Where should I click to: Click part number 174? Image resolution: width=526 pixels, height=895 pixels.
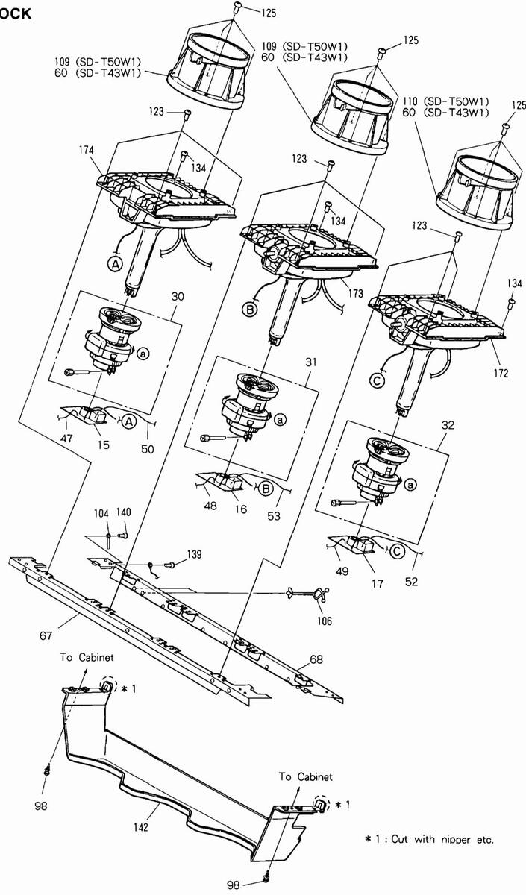tap(87, 150)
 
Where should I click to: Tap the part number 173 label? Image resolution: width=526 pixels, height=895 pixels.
tap(355, 294)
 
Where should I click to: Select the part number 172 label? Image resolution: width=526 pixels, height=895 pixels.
tap(501, 373)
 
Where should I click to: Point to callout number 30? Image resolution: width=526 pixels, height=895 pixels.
tap(178, 297)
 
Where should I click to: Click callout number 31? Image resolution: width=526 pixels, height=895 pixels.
tap(310, 362)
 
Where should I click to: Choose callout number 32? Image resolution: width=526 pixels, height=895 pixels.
tap(448, 424)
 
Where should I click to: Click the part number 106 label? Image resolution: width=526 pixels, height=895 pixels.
tap(325, 621)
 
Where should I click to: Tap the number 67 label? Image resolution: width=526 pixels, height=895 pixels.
tap(46, 635)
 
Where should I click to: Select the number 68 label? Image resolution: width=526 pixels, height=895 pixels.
tap(316, 659)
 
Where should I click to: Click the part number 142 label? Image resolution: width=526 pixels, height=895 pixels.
tap(141, 827)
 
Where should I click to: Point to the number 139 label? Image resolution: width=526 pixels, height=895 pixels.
tap(194, 554)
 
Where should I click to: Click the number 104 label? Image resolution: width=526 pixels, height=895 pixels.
tap(101, 512)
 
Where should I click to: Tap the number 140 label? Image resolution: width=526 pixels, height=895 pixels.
tap(124, 512)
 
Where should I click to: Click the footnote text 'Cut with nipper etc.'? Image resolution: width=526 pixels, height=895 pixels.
tap(442, 839)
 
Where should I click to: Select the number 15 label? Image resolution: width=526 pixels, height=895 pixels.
tap(104, 445)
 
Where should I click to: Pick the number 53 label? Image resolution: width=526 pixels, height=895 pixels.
tap(274, 516)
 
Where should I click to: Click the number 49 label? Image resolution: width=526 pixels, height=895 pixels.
tap(342, 571)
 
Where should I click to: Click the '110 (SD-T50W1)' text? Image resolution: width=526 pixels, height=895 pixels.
tap(445, 101)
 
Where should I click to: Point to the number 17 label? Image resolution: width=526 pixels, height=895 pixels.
tap(377, 584)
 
